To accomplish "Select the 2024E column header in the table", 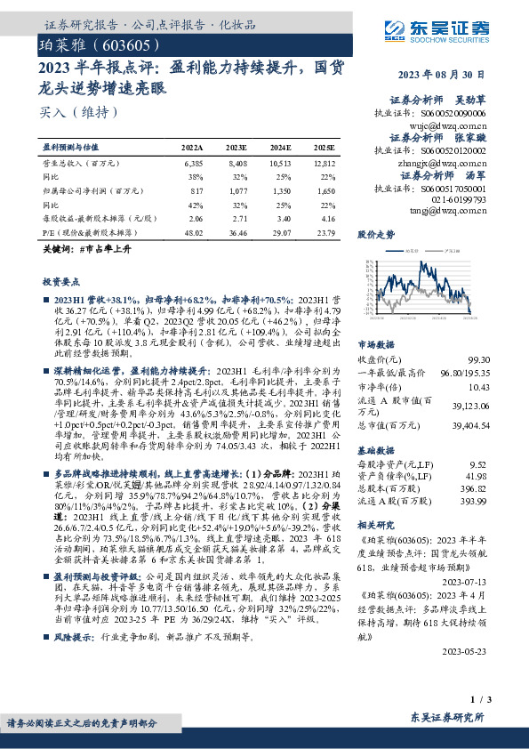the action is [279, 148].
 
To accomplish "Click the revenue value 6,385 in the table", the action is [193, 165].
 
